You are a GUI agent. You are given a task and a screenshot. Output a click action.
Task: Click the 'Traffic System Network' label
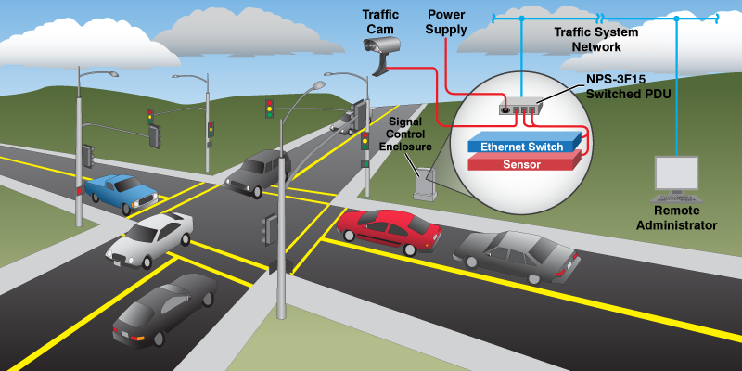tap(594, 39)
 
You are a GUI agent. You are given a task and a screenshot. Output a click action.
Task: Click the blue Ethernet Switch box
tap(524, 147)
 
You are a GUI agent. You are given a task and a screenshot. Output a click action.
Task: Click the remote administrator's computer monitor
tap(676, 173)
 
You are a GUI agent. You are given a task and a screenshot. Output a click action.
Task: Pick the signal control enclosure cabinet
tap(426, 183)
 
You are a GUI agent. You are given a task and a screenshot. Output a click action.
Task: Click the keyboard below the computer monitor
tap(676, 198)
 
